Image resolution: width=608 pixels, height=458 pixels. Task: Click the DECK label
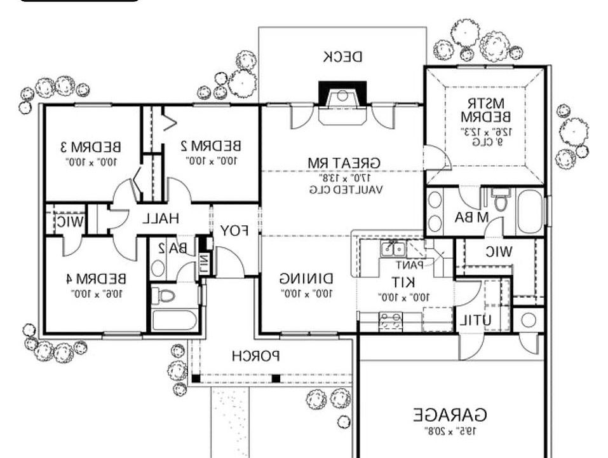[x=342, y=57]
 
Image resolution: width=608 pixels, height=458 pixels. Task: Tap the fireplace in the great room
[x=342, y=97]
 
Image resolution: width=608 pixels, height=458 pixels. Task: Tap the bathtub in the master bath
[x=529, y=212]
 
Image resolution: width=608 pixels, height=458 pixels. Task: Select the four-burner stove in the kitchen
[x=389, y=321]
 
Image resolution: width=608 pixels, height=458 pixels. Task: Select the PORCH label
[x=255, y=355]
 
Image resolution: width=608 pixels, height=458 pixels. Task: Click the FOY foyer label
[x=234, y=230]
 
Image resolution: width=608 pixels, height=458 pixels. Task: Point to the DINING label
[x=306, y=279]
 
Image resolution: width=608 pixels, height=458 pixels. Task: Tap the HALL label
[x=160, y=219]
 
